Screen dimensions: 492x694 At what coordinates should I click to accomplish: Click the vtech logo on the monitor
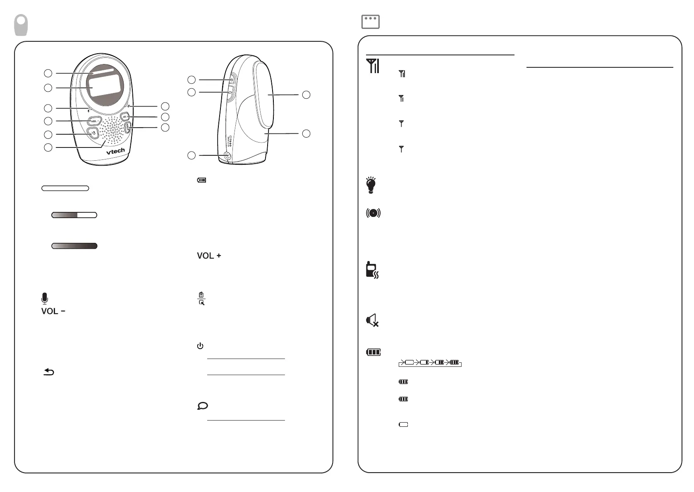pos(115,151)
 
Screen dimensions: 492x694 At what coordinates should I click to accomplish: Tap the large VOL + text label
pos(209,256)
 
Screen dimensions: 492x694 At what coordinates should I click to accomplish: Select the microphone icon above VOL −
pos(45,298)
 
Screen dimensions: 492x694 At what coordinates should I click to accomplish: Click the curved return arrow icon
pos(49,372)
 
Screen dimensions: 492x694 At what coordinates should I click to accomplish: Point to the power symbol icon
pos(200,346)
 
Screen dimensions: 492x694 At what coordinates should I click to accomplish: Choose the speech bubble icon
pos(203,406)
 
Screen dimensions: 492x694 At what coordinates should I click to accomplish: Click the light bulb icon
pos(371,185)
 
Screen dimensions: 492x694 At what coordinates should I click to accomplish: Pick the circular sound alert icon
pos(373,213)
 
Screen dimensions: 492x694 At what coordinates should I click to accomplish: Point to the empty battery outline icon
pos(403,424)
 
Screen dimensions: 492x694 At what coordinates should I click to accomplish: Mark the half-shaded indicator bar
pos(74,215)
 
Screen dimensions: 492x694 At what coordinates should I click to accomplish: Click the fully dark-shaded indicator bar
pos(74,246)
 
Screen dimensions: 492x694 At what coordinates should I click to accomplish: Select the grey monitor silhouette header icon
pos(22,25)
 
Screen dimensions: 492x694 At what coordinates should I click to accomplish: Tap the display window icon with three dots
pos(370,22)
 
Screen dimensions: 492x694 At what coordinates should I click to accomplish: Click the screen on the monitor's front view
pos(106,85)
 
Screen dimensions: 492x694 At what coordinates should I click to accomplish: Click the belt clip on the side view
pos(265,94)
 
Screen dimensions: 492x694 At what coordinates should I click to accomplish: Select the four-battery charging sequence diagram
pos(430,363)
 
